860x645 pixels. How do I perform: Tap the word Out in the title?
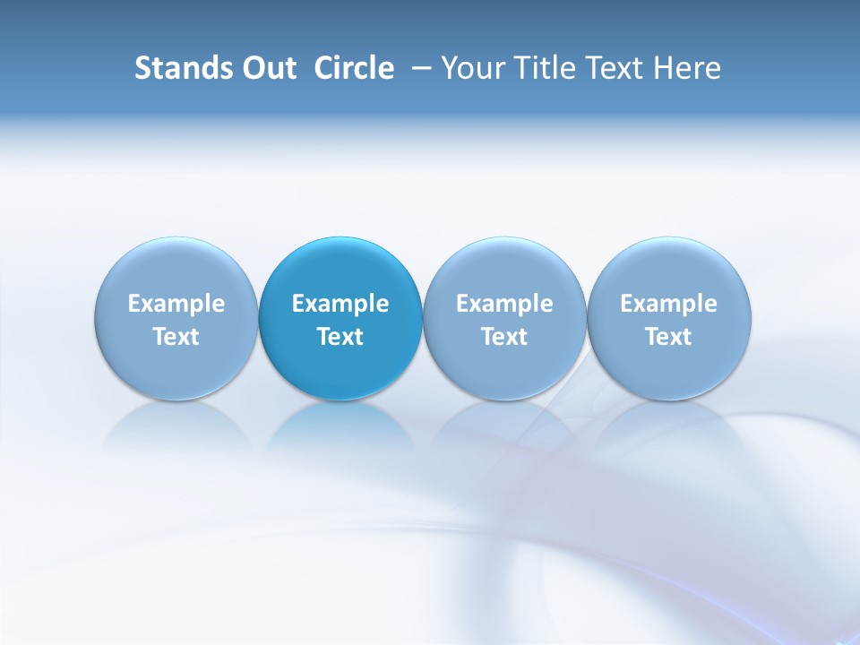click(x=266, y=68)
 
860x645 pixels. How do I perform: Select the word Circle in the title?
click(x=354, y=68)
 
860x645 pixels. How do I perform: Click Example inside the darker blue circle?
click(x=340, y=304)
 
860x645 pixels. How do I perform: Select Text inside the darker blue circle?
click(x=340, y=337)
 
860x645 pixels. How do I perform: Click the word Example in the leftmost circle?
click(x=176, y=304)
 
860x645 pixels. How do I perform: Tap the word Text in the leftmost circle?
click(x=176, y=337)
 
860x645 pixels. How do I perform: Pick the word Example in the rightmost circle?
click(x=668, y=304)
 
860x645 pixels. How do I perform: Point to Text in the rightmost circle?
click(x=668, y=337)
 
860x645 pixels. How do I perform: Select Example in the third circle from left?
click(x=504, y=304)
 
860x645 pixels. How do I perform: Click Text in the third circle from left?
click(x=504, y=337)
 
